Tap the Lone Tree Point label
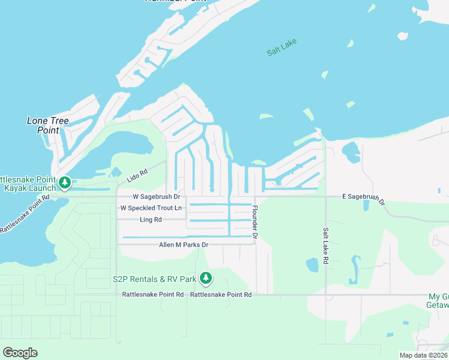(48, 125)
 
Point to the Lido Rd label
(137, 175)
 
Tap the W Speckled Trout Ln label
(151, 208)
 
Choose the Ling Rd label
(151, 220)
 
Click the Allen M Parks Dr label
(183, 245)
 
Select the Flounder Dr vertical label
(255, 223)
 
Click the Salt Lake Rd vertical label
(325, 245)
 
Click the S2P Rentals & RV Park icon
(206, 278)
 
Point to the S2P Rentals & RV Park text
(155, 279)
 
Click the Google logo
(20, 352)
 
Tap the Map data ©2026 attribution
(423, 355)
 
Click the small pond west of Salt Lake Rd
(312, 265)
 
